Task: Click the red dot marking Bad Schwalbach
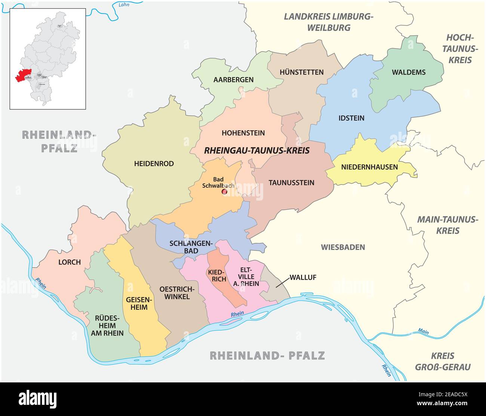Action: pyautogui.click(x=225, y=192)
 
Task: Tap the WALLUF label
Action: pyautogui.click(x=303, y=277)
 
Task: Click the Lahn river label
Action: pyautogui.click(x=123, y=5)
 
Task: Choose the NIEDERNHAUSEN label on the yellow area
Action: pyautogui.click(x=369, y=167)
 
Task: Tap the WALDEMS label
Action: pyautogui.click(x=408, y=72)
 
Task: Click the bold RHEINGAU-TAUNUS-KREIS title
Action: pyautogui.click(x=257, y=150)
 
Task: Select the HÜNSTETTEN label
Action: pyautogui.click(x=301, y=72)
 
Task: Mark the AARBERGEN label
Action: pyautogui.click(x=233, y=80)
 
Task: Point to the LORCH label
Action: pyautogui.click(x=70, y=262)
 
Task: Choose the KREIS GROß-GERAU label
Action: pyautogui.click(x=443, y=361)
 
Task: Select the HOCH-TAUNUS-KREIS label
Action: pyautogui.click(x=460, y=49)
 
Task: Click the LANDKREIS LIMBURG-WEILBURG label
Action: pyautogui.click(x=328, y=22)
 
